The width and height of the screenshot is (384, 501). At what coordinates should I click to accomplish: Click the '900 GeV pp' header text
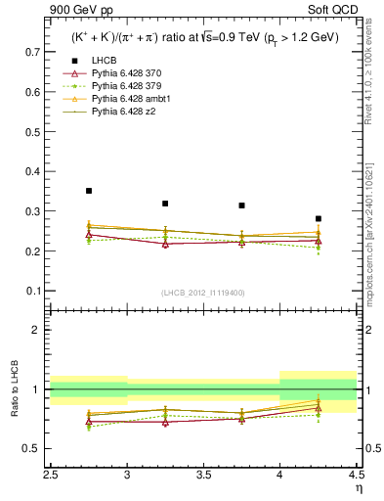(x=77, y=11)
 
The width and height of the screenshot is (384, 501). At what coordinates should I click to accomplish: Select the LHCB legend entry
(x=104, y=62)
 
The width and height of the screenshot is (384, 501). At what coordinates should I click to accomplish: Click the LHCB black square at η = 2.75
(x=89, y=191)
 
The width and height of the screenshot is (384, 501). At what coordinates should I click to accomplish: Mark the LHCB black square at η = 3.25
(x=165, y=204)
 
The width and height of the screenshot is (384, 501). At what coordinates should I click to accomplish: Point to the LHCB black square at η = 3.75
(x=241, y=205)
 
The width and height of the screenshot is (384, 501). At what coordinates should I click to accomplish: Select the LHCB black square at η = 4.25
(x=318, y=218)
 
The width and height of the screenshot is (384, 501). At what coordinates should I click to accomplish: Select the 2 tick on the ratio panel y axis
(x=39, y=330)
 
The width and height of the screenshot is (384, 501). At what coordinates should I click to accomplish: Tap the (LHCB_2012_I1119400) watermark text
(x=203, y=292)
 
